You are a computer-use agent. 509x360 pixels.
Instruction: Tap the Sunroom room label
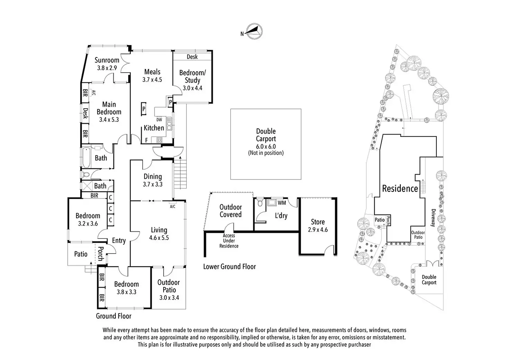[107, 60]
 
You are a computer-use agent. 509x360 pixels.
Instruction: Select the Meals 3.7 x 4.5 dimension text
[152, 80]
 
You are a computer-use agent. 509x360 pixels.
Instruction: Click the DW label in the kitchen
[159, 120]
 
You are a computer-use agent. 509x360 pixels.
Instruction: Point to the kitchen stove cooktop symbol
[160, 140]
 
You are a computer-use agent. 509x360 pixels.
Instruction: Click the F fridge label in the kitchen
[147, 140]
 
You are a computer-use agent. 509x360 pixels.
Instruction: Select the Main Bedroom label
[109, 108]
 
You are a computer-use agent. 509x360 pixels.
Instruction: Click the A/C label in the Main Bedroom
[93, 92]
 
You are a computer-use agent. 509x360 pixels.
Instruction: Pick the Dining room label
[152, 176]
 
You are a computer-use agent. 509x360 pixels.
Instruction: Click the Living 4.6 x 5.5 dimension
[159, 238]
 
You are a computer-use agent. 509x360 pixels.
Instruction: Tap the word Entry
[119, 241]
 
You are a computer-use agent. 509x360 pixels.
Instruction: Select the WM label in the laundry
[282, 203]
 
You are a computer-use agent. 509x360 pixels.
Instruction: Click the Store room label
[317, 222]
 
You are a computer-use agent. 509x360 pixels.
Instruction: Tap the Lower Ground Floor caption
[229, 267]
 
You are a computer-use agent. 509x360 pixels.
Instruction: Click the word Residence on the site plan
[400, 188]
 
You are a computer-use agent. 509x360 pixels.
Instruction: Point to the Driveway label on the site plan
[433, 218]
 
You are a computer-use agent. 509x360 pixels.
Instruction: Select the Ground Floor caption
[114, 316]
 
